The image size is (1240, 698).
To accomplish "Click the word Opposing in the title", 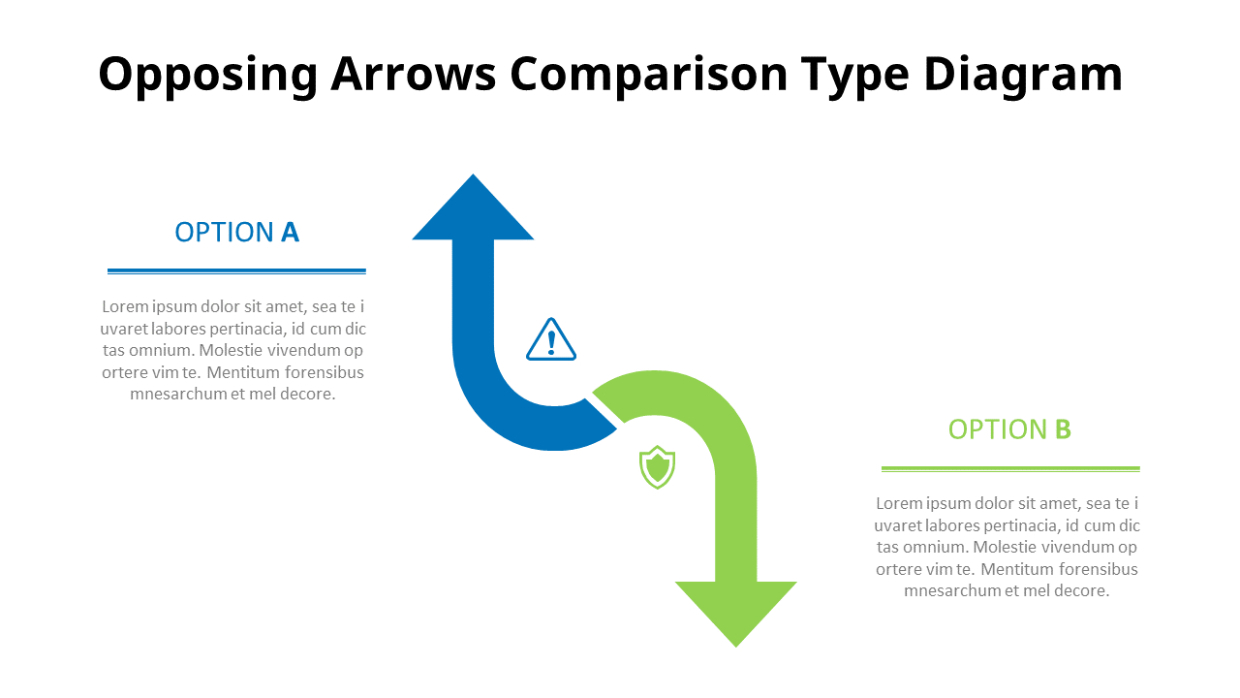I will pos(207,76).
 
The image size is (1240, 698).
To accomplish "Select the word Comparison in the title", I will pos(649,76).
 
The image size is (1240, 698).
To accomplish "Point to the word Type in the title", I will pos(856,76).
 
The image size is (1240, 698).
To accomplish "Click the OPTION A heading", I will pos(236,233).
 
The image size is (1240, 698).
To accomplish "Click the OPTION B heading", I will pos(1009,429).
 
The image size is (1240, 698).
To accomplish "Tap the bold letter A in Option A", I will pos(290,233).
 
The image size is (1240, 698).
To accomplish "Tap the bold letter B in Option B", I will pos(1063,429).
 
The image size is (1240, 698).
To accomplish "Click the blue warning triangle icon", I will pos(551,340).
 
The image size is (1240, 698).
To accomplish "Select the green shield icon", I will pos(657,467).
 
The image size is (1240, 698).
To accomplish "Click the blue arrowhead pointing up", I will pos(473,213).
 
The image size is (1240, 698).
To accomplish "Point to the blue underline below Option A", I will pos(236,270).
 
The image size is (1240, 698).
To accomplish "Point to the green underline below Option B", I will pos(1010,468).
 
